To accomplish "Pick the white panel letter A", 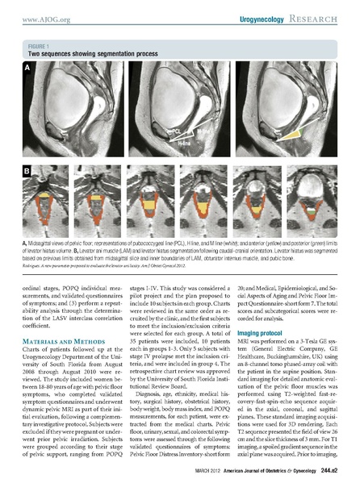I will pyautogui.click(x=27, y=69).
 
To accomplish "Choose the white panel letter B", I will pyautogui.click(x=27, y=171).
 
